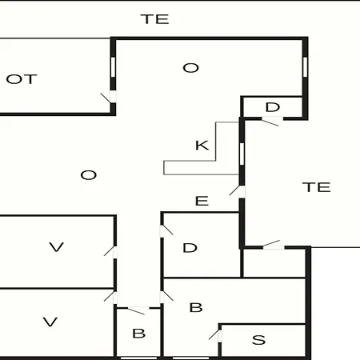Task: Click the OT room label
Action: (22, 79)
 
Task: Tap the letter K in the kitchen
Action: (202, 146)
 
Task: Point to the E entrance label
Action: (202, 201)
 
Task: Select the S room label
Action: (258, 340)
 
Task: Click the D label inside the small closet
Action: (273, 107)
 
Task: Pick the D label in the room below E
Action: (190, 248)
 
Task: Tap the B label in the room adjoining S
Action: (196, 307)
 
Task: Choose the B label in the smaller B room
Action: (139, 334)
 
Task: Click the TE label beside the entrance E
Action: (317, 187)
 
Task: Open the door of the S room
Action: (216, 335)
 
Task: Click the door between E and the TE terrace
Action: (238, 190)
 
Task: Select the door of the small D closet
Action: (271, 121)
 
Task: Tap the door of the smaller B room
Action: (138, 310)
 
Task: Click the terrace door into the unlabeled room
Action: (273, 245)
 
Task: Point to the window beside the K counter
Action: (242, 154)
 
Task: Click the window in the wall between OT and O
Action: (113, 67)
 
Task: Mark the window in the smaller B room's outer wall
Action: (138, 358)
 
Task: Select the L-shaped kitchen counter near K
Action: (215, 161)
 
